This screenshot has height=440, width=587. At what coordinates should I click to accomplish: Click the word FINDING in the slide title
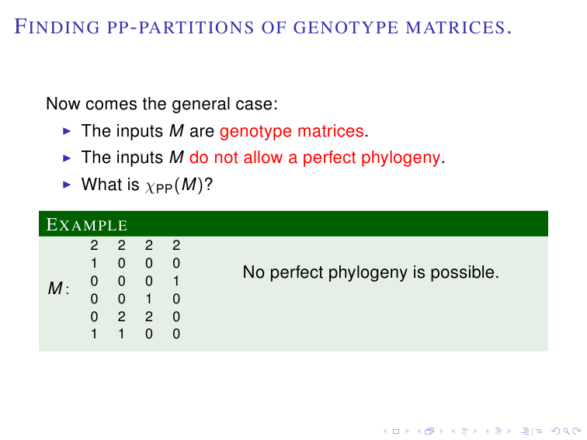coord(57,27)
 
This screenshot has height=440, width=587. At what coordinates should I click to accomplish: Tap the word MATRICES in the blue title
coord(456,27)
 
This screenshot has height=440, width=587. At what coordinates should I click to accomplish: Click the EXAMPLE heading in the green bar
coord(87,224)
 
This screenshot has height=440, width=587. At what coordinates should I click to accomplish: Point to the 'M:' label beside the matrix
coord(59,289)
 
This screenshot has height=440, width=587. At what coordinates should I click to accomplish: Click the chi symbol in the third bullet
coord(150,186)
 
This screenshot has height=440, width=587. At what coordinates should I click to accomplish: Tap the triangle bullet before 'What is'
coord(67,185)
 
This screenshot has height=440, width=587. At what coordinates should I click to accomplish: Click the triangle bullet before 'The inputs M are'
coord(67,131)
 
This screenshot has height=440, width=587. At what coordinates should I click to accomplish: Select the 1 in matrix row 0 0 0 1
coord(176,281)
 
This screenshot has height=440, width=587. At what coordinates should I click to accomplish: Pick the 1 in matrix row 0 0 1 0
coord(149,299)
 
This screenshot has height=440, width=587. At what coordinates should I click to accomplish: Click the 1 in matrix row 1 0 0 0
coord(94,263)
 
